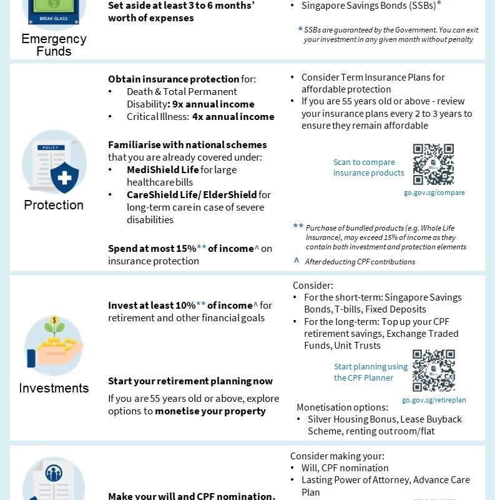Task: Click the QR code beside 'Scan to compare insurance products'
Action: tap(433, 164)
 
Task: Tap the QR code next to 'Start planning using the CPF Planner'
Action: tap(433, 371)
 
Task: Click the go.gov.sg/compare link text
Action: tap(434, 192)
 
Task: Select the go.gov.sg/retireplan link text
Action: tap(434, 400)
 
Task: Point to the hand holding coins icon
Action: tap(54, 346)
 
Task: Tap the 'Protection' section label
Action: tap(54, 205)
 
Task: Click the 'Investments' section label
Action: tap(54, 388)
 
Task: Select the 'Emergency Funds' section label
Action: tap(54, 45)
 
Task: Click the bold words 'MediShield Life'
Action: tap(163, 169)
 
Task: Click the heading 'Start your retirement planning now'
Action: tap(190, 381)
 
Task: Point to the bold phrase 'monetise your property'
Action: tap(210, 411)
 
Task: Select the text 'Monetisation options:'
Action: tap(342, 407)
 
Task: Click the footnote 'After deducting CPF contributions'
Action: tap(360, 262)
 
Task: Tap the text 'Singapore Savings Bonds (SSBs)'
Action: tap(368, 6)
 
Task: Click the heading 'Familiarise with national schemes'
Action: tap(187, 144)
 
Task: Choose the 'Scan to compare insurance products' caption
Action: tap(368, 167)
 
